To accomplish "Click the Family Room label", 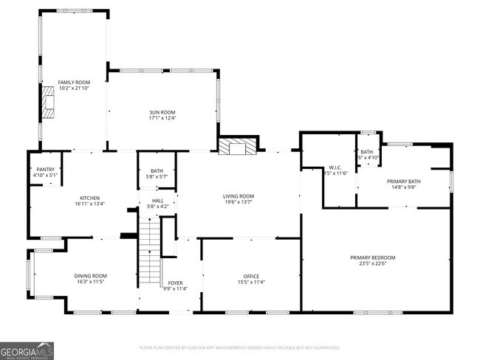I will (73, 82).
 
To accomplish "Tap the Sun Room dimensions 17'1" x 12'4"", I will (162, 117).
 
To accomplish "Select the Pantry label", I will (44, 170).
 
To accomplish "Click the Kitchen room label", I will (89, 198).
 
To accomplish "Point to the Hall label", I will (157, 200).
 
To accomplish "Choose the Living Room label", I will (238, 195).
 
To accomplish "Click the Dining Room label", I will (90, 276).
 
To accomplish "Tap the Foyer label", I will (175, 283).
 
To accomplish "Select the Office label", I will (251, 276).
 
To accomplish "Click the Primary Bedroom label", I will (372, 257).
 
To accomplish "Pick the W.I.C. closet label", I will (334, 167).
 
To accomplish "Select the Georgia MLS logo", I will (27, 350).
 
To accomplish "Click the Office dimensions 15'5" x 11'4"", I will (251, 282).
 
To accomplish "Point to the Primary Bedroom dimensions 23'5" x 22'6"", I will (372, 263).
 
